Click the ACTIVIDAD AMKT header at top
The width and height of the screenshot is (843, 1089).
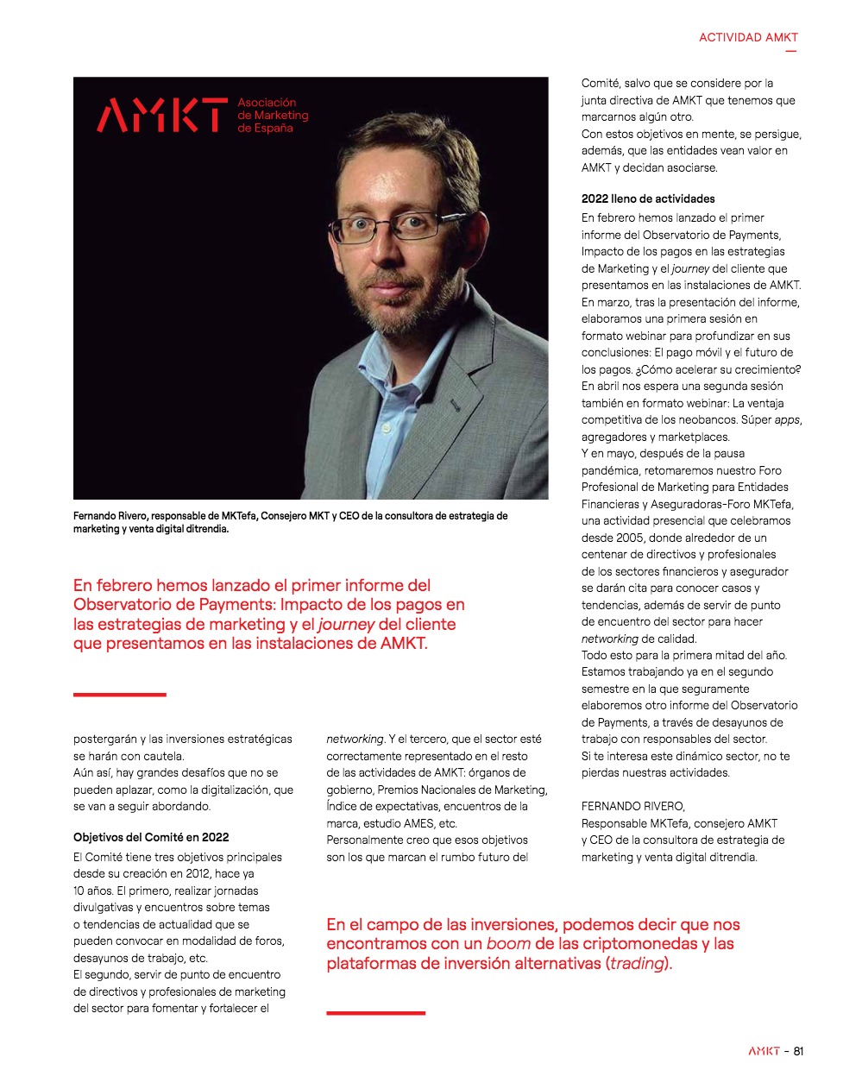pyautogui.click(x=748, y=37)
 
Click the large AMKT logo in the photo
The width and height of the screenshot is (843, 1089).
pyautogui.click(x=161, y=116)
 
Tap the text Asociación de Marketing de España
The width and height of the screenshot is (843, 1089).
pyautogui.click(x=273, y=116)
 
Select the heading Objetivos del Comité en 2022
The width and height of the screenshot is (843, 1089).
pyautogui.click(x=151, y=837)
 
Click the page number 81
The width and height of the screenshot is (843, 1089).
pyautogui.click(x=798, y=1051)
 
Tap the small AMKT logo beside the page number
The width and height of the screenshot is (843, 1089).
pyautogui.click(x=764, y=1051)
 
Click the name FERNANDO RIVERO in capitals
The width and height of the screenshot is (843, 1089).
pyautogui.click(x=633, y=807)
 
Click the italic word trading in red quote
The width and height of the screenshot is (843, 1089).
pyautogui.click(x=637, y=964)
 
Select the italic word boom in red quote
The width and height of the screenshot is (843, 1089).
pyautogui.click(x=508, y=944)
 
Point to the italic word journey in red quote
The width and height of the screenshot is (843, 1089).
pyautogui.click(x=347, y=624)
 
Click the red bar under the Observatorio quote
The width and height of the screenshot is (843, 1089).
pyautogui.click(x=119, y=695)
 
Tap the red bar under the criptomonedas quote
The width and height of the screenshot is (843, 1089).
pyautogui.click(x=375, y=1013)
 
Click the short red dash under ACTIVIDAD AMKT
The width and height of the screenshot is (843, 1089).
pyautogui.click(x=790, y=52)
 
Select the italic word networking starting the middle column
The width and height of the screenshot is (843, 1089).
pyautogui.click(x=355, y=740)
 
